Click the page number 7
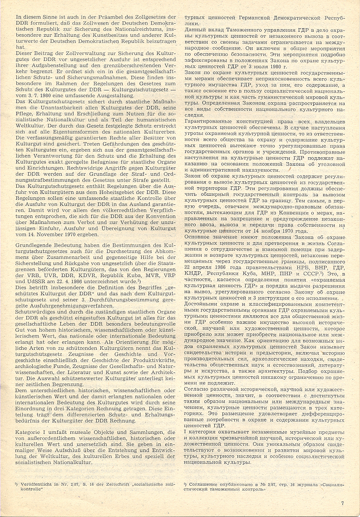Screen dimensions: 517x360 [x=343, y=503]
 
